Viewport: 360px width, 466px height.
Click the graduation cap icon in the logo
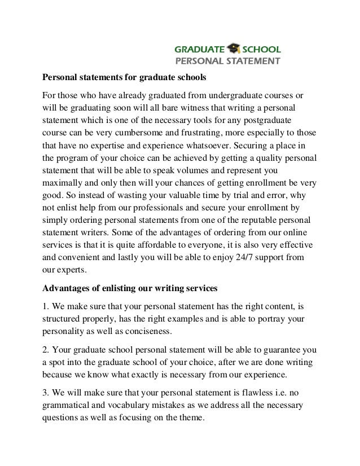tap(233, 49)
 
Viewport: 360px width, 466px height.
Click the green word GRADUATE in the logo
tap(201, 50)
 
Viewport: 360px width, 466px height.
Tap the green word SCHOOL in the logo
tap(261, 50)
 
